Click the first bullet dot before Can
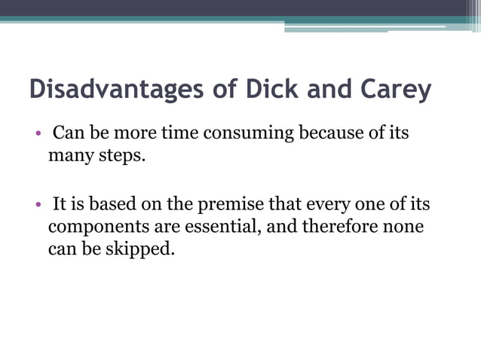point(35,136)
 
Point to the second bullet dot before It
point(35,205)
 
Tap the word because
point(332,135)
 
